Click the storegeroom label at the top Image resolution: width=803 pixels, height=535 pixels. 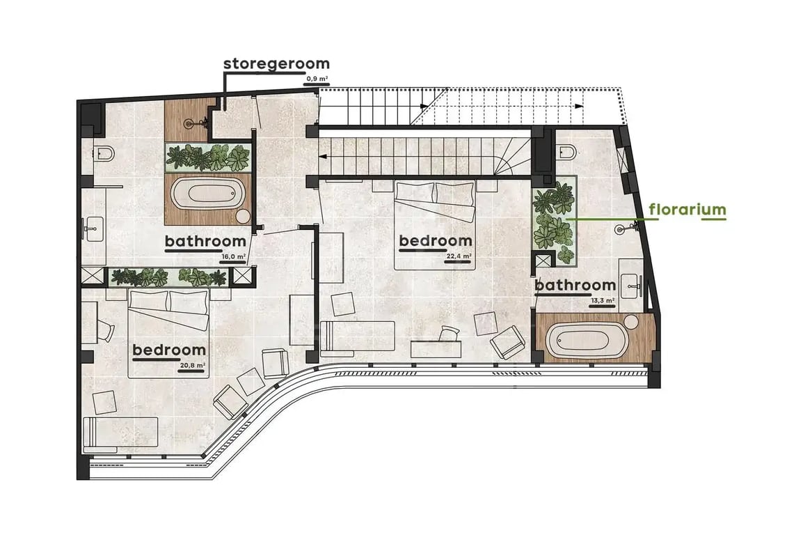click(x=276, y=64)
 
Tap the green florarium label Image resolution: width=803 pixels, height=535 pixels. click(x=687, y=210)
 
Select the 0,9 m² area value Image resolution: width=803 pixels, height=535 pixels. click(x=317, y=79)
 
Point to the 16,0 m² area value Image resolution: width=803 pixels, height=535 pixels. click(x=233, y=257)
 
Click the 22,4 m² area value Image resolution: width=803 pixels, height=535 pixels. click(x=459, y=256)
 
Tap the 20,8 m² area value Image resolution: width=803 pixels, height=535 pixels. click(x=193, y=366)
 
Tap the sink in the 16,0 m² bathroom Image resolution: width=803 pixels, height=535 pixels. click(x=93, y=228)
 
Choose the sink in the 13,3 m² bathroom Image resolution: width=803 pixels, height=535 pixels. click(x=631, y=285)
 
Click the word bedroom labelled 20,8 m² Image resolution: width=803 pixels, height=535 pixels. click(x=169, y=350)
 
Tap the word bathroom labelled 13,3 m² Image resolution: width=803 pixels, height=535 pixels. click(x=575, y=285)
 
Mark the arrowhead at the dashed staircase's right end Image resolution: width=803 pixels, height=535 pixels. click(x=579, y=106)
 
